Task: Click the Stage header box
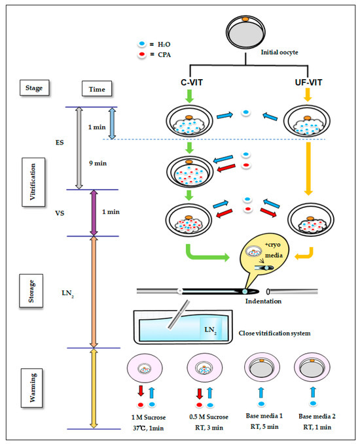(x=34, y=88)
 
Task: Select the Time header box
(x=97, y=89)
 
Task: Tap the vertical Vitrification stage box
(x=33, y=182)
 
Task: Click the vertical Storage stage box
(x=31, y=291)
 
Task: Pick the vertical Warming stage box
(x=32, y=388)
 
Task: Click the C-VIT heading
(x=192, y=82)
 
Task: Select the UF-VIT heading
(x=308, y=82)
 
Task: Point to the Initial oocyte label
(x=279, y=52)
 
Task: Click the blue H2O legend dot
(x=142, y=44)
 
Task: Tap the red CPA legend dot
(x=142, y=54)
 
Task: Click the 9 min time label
(x=98, y=163)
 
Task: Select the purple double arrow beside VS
(x=94, y=213)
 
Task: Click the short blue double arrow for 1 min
(x=112, y=124)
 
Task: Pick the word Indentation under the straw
(x=263, y=301)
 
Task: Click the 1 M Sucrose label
(x=149, y=417)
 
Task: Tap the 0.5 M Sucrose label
(x=209, y=417)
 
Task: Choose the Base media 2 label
(x=317, y=416)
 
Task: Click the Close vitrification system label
(x=274, y=333)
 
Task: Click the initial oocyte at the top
(x=245, y=33)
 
